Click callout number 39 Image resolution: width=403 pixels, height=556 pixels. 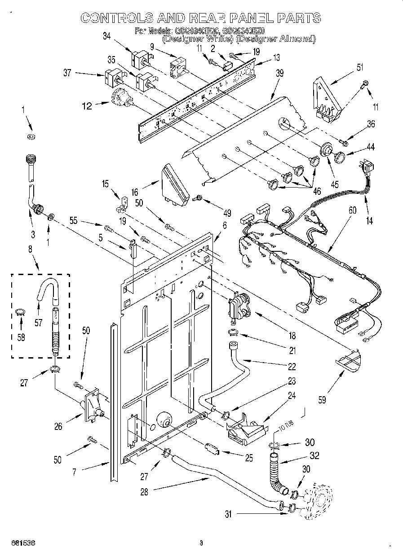[x=279, y=74]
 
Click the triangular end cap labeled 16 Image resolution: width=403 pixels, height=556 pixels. [x=176, y=184]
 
